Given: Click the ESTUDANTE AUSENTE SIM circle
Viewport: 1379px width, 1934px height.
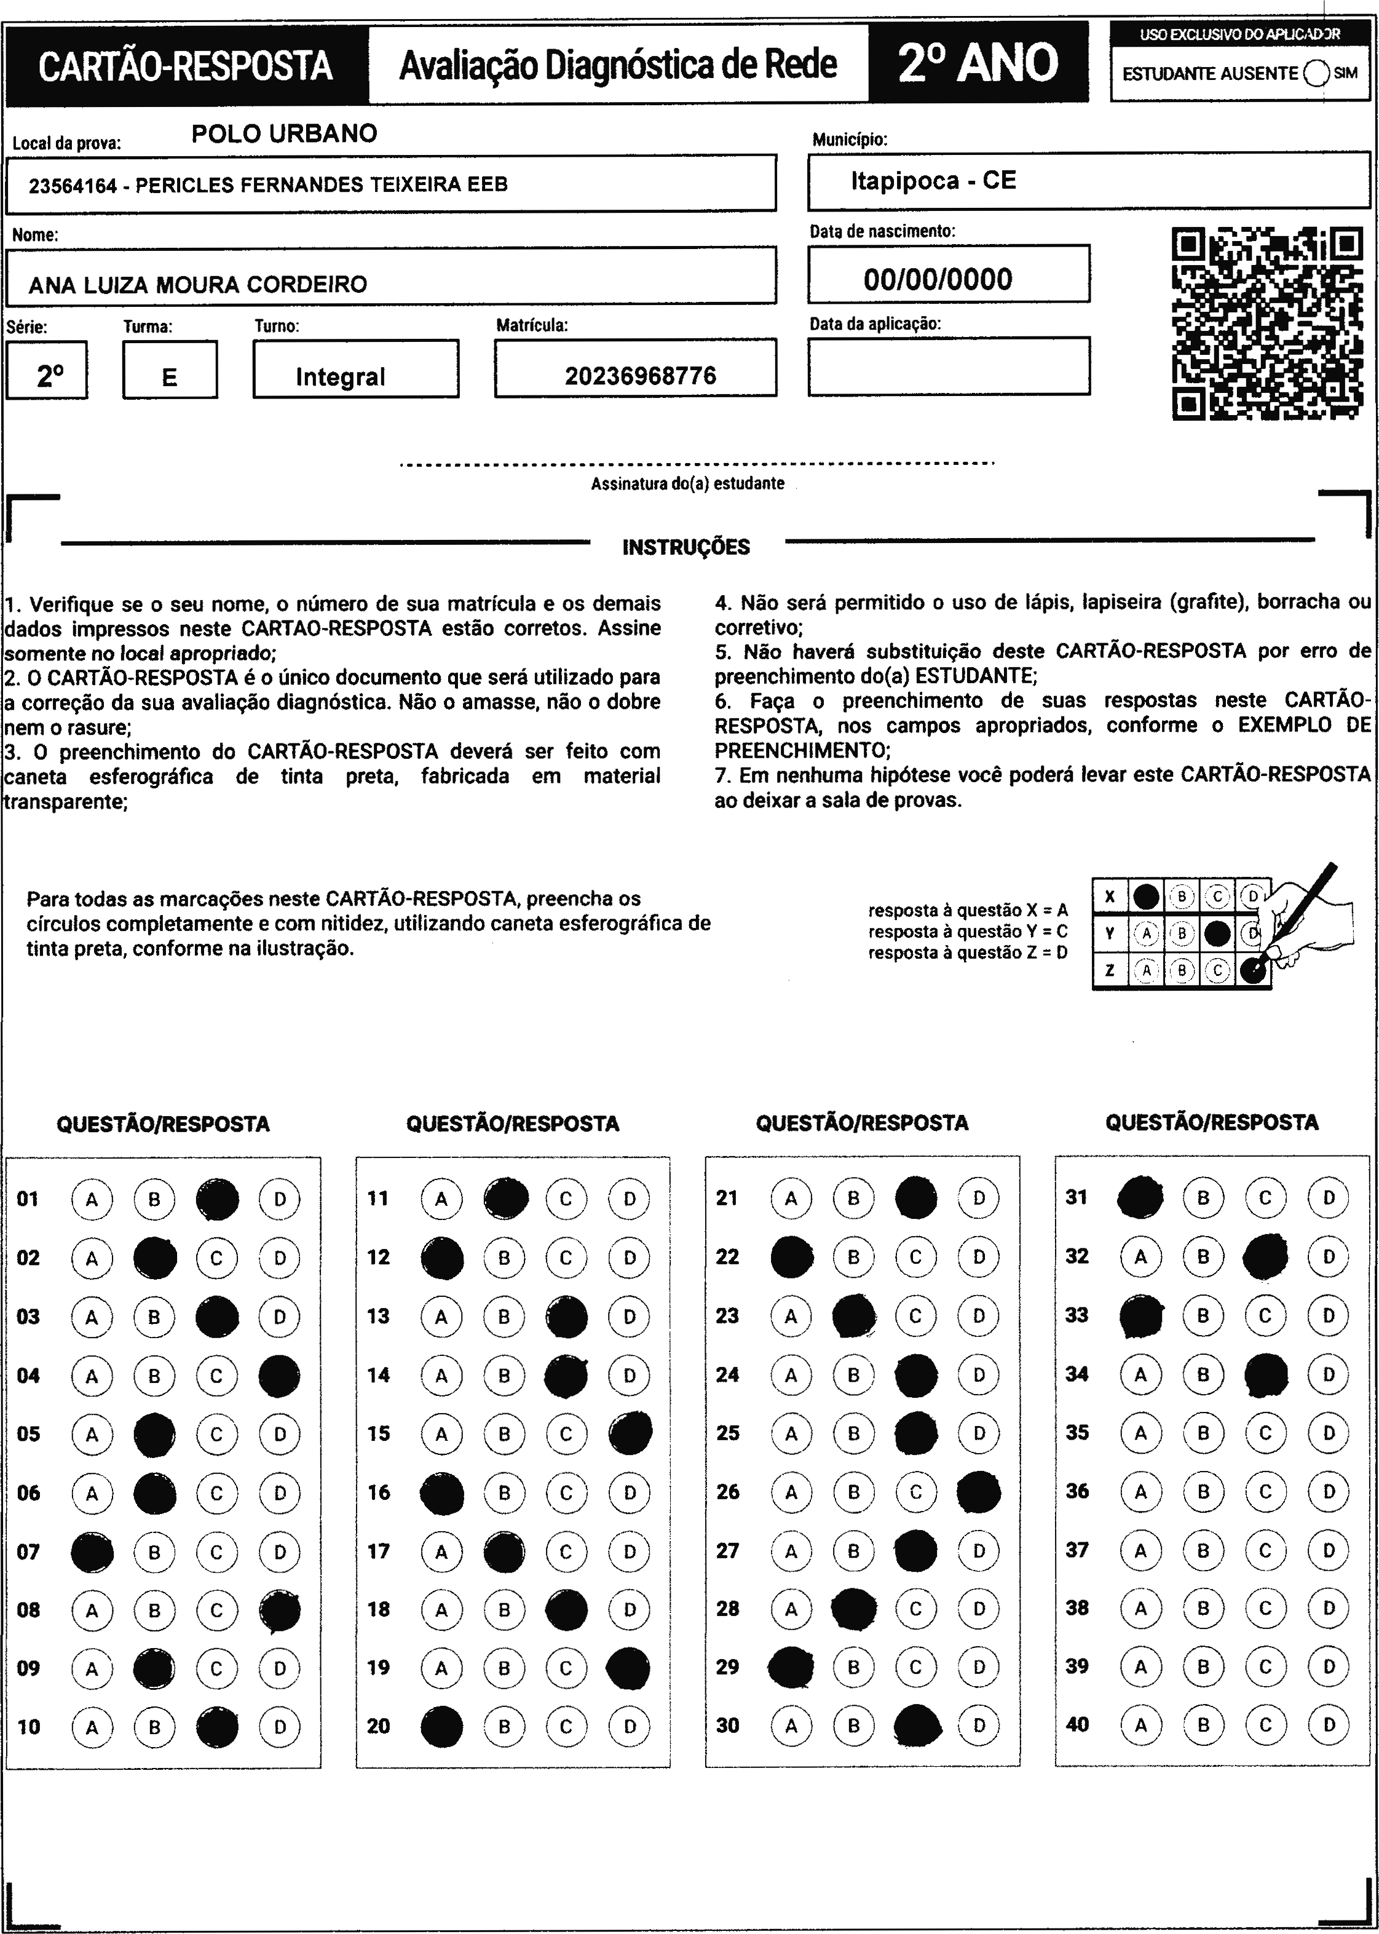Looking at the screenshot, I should pyautogui.click(x=1315, y=74).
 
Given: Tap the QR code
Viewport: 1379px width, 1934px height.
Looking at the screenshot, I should pyautogui.click(x=1267, y=323).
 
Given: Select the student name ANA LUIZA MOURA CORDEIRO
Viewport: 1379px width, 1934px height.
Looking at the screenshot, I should pyautogui.click(x=198, y=285).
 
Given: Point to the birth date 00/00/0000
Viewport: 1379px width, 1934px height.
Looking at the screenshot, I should pyautogui.click(x=938, y=279).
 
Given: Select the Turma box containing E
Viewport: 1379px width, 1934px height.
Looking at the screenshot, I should pyautogui.click(x=170, y=370).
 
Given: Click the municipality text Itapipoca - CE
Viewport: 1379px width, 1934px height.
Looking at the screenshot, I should pyautogui.click(x=933, y=181).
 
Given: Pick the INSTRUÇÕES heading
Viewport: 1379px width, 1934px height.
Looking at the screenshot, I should pyautogui.click(x=686, y=547).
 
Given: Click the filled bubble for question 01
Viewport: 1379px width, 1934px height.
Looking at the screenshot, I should pyautogui.click(x=218, y=1199).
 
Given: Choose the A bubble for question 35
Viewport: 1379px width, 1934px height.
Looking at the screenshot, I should pyautogui.click(x=1140, y=1433).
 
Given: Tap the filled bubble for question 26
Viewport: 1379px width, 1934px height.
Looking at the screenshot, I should pyautogui.click(x=978, y=1491).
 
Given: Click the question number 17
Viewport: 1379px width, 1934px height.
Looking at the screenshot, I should pyautogui.click(x=379, y=1551).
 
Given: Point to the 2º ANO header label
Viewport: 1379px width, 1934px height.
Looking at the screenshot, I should pyautogui.click(x=978, y=64).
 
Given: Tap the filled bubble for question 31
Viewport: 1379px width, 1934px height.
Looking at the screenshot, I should pyautogui.click(x=1140, y=1197).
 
